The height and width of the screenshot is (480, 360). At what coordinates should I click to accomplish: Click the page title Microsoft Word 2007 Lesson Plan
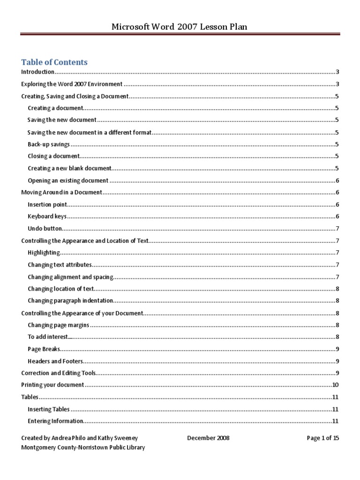(x=179, y=27)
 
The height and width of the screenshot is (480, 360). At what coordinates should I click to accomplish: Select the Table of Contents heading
(x=54, y=62)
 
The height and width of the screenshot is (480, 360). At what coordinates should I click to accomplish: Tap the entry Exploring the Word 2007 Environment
(x=72, y=84)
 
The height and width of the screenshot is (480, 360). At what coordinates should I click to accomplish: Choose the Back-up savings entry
(x=48, y=144)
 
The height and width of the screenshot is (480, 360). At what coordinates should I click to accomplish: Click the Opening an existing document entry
(x=68, y=180)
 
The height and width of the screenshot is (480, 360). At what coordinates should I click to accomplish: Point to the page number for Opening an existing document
(x=337, y=180)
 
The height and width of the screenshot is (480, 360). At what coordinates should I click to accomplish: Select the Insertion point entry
(x=47, y=204)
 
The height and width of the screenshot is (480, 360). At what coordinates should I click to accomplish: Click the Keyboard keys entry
(x=47, y=217)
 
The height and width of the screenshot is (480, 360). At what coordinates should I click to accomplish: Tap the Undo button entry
(x=45, y=229)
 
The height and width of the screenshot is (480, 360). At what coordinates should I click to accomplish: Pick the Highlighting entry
(x=44, y=253)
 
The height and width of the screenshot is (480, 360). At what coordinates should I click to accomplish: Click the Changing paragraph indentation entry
(x=70, y=300)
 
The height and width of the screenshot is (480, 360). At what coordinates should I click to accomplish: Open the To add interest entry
(x=48, y=337)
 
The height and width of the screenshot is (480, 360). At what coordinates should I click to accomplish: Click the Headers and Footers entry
(x=55, y=361)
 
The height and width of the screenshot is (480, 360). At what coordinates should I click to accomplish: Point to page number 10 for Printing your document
(x=335, y=385)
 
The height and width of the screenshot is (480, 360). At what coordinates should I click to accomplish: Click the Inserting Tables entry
(x=49, y=409)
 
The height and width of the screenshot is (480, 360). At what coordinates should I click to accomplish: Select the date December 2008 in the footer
(x=208, y=438)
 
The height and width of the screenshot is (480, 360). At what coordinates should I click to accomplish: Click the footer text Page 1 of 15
(x=322, y=438)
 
